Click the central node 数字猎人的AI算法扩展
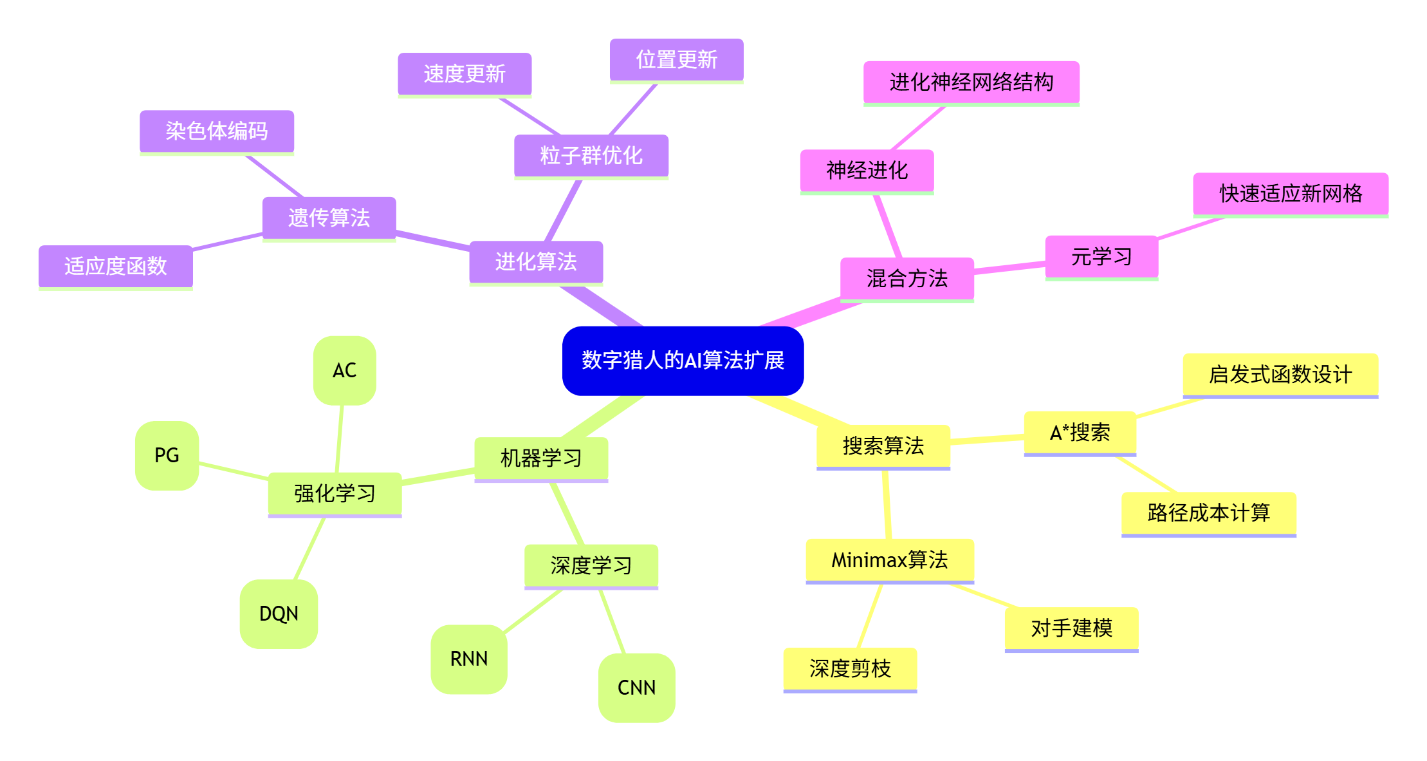(683, 361)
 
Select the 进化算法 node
(536, 261)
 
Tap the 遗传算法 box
(329, 218)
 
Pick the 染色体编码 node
(217, 131)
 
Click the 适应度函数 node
(116, 266)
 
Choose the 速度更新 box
(465, 74)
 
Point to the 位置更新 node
(676, 60)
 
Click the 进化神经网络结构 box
(971, 82)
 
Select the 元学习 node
(1101, 257)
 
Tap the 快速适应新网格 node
(1291, 193)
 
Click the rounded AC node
(345, 370)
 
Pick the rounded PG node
(167, 455)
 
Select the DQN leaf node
(279, 614)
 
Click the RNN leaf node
(469, 659)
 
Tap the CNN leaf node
(636, 688)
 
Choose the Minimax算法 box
(890, 560)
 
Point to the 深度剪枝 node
(850, 669)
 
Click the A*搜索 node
(1080, 433)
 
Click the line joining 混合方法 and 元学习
(1009, 268)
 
